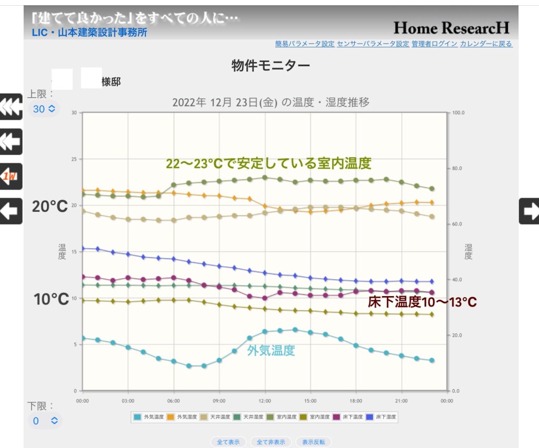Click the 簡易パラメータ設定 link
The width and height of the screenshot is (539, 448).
(x=305, y=44)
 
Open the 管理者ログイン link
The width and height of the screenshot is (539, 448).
(x=434, y=44)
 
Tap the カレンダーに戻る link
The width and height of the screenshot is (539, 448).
(x=486, y=44)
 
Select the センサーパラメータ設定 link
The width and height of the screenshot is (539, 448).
(x=373, y=44)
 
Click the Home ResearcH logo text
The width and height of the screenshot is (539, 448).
(x=451, y=27)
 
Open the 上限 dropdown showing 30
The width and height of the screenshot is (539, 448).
(x=44, y=109)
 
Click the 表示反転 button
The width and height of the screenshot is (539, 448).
(x=314, y=442)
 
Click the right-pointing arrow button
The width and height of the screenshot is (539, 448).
(x=529, y=211)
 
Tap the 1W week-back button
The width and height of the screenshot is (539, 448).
(x=11, y=177)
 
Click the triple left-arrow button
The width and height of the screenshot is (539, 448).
(x=11, y=107)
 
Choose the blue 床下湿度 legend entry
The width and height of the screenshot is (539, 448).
(x=382, y=417)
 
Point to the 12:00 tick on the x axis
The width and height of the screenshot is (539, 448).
(x=265, y=401)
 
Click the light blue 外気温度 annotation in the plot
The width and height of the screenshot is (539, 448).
(x=271, y=351)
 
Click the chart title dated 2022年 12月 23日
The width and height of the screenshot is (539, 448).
(x=271, y=102)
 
